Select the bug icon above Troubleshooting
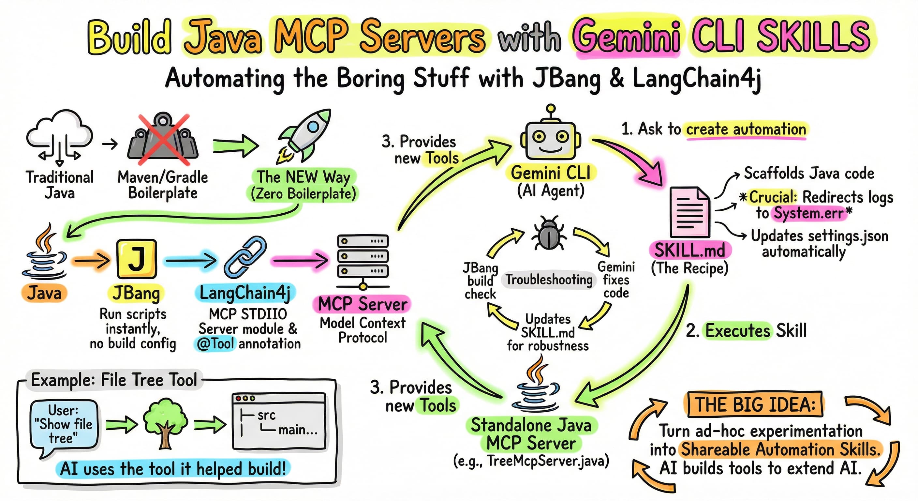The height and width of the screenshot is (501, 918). (x=548, y=233)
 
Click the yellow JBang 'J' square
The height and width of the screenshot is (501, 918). (x=137, y=259)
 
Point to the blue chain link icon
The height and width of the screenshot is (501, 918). (x=245, y=257)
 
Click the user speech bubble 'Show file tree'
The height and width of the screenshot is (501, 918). (x=64, y=424)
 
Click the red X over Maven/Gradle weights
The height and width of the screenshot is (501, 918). (x=164, y=139)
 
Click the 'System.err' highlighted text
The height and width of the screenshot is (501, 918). (x=808, y=213)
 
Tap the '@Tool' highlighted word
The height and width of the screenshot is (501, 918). (x=215, y=344)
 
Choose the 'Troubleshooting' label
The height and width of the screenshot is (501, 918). (x=549, y=280)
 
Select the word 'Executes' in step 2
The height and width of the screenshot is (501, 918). (x=738, y=330)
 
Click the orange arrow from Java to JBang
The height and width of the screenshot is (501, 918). (x=91, y=261)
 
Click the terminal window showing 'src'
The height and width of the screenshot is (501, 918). (x=279, y=421)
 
